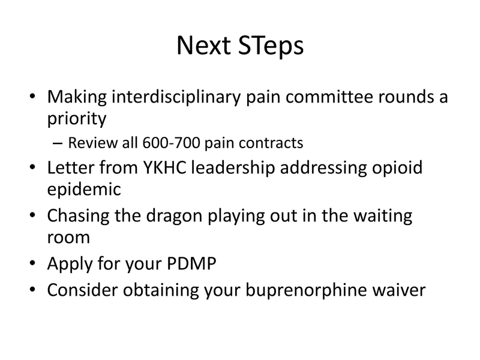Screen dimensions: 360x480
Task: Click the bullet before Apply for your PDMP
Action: [x=32, y=263]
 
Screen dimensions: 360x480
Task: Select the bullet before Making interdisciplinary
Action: [x=32, y=98]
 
